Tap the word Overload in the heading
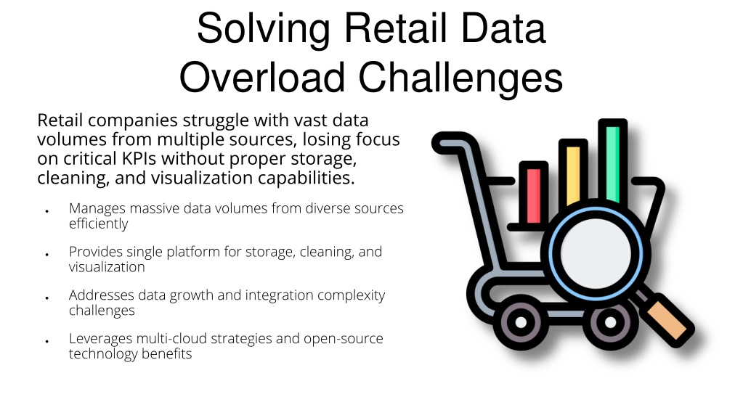262,78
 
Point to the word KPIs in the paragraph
139,159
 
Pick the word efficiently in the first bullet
99,224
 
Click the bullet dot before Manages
47,211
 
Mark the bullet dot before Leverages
47,341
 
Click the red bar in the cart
534,195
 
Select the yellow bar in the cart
573,175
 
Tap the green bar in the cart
613,163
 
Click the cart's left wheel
521,322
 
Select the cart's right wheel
610,322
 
